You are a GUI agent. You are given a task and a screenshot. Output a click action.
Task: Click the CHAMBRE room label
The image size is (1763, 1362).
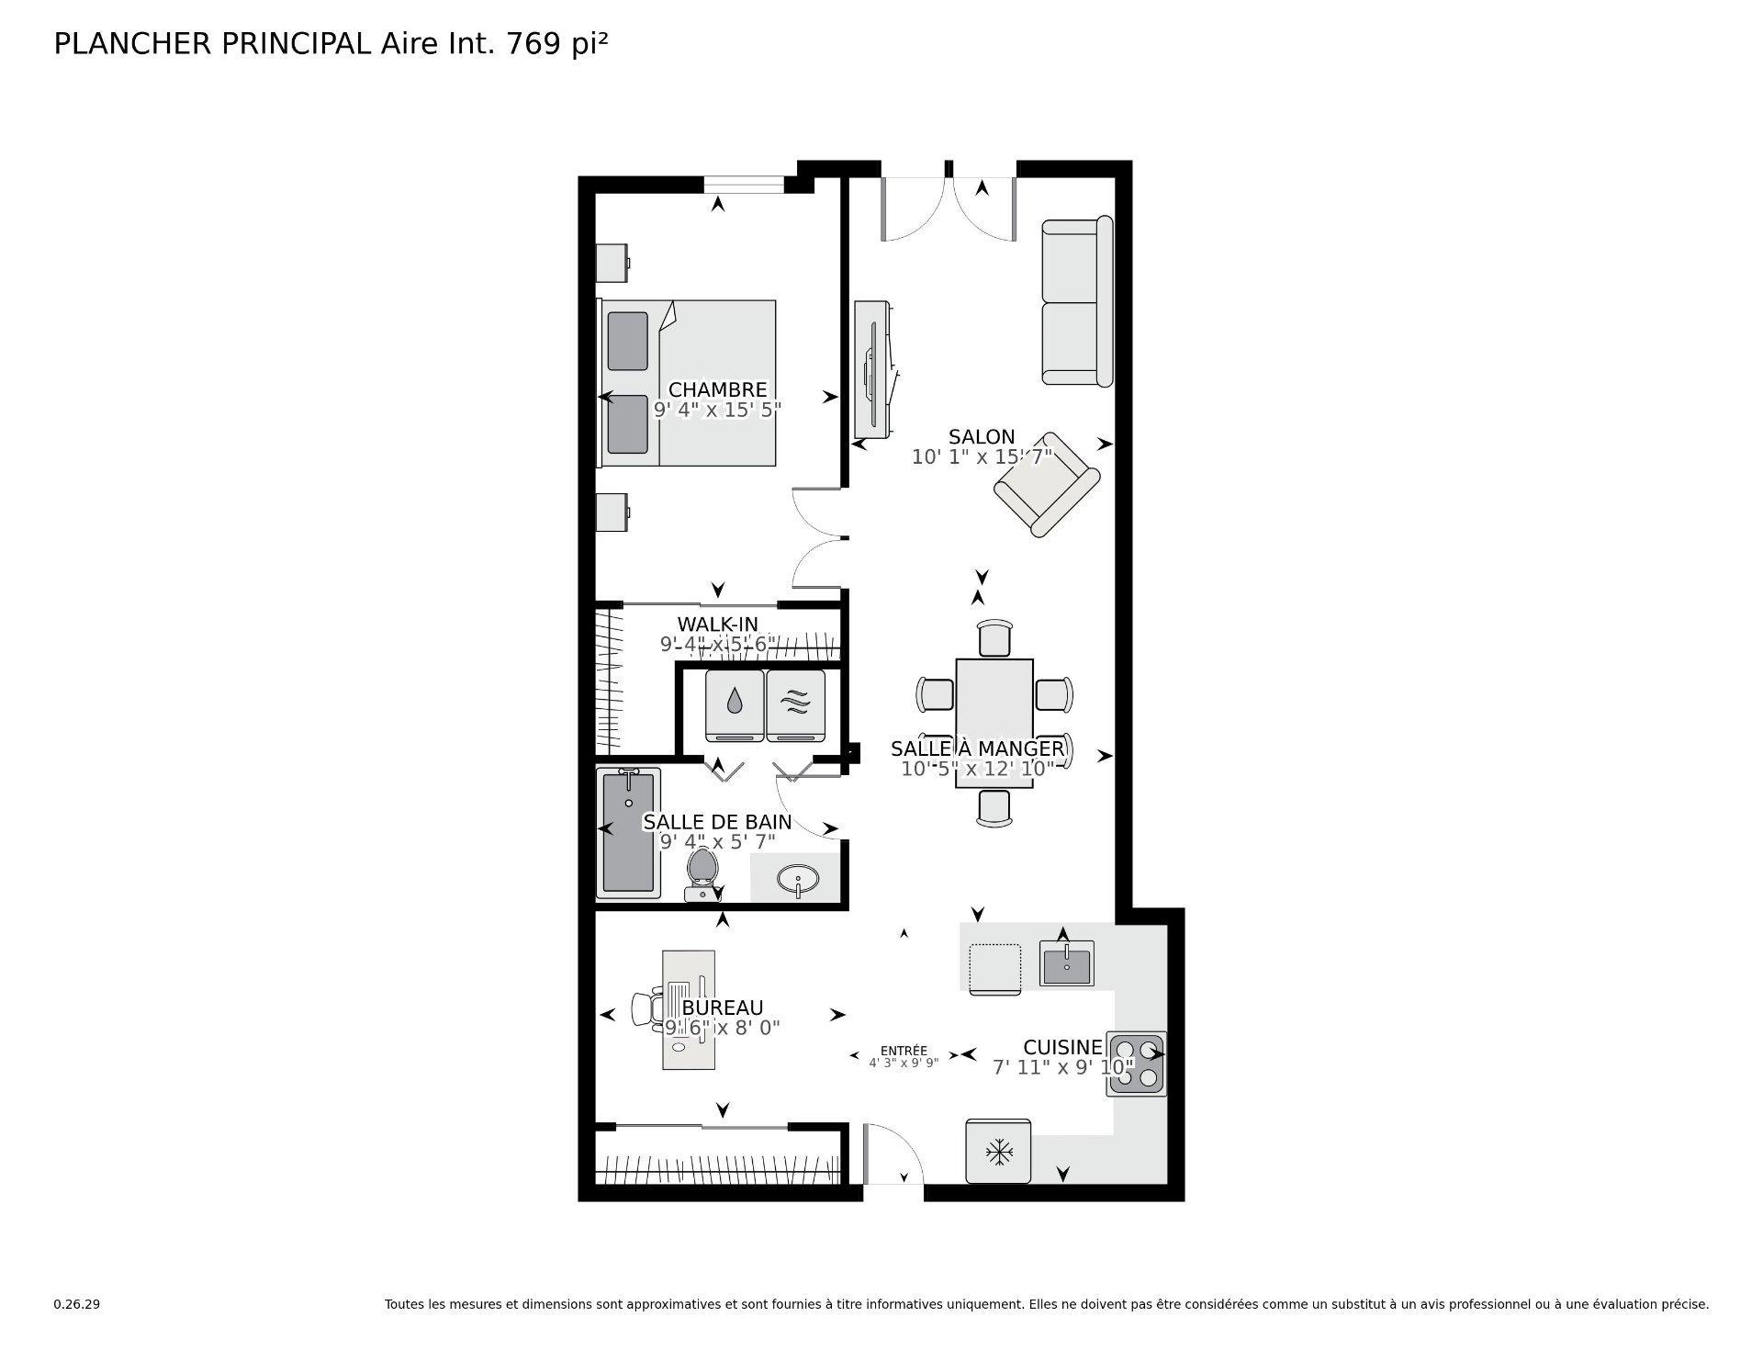pos(717,389)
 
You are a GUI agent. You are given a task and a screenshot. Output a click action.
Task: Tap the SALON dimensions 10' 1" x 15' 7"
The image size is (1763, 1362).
pos(982,456)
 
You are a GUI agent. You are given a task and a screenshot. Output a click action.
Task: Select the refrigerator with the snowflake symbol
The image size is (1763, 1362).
pos(998,1151)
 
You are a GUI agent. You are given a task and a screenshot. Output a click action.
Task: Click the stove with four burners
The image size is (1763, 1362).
pos(1137,1063)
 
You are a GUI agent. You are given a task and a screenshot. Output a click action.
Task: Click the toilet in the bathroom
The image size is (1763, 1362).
pos(702,872)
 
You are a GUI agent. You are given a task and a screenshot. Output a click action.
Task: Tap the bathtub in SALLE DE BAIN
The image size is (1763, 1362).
pos(629,833)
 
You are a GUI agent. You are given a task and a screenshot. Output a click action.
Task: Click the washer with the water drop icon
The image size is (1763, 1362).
pos(735,704)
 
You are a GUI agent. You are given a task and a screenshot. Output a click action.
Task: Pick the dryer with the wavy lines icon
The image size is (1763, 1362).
pos(796,704)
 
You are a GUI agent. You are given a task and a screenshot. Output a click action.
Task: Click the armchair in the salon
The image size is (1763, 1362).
pos(1047,484)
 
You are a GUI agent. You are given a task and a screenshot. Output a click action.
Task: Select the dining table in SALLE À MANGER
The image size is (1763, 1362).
pos(994,723)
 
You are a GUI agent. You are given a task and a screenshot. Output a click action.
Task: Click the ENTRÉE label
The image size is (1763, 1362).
pos(904,1051)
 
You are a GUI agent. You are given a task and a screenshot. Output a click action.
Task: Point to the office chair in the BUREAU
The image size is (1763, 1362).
pos(646,1007)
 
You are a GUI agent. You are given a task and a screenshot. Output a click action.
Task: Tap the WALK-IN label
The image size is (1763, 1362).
pos(717,625)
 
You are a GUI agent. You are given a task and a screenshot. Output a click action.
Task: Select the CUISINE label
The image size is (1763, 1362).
pos(1062,1047)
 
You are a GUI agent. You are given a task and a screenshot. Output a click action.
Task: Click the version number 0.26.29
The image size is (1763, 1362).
pos(76,1304)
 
